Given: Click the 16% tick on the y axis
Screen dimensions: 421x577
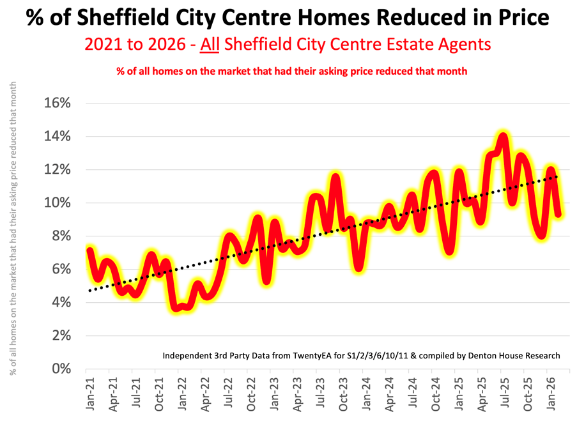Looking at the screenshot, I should click(57, 103).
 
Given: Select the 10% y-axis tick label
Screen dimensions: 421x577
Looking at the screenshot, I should click(57, 203).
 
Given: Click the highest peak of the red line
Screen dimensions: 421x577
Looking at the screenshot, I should click(503, 136).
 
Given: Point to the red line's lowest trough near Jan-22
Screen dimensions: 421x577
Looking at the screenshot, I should click(178, 308).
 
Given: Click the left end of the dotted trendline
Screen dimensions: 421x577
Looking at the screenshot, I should click(89, 291).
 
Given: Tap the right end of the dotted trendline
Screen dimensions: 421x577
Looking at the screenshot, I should click(557, 177).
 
